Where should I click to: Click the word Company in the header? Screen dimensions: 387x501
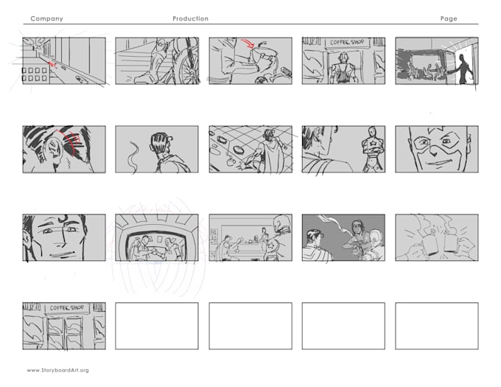[46, 18]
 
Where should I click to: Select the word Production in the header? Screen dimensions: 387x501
[190, 18]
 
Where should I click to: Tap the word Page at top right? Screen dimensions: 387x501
[448, 18]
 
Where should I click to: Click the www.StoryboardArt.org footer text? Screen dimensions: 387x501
[57, 370]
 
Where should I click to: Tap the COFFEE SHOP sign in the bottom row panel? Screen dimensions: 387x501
[64, 308]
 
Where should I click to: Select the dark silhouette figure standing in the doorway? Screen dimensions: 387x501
[463, 69]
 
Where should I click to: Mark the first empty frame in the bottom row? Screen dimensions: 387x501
[156, 325]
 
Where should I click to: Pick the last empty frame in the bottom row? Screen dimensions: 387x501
[436, 325]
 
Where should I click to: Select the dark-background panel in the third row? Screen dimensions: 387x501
[343, 237]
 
